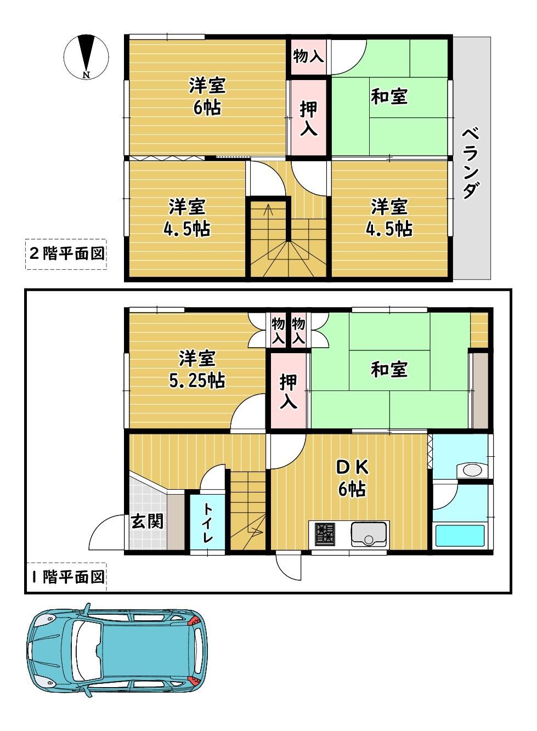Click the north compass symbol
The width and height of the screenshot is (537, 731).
click(x=86, y=56)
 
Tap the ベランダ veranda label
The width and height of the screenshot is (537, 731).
click(x=471, y=163)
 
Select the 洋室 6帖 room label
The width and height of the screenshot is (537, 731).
click(x=207, y=97)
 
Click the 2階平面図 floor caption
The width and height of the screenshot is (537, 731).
click(x=66, y=253)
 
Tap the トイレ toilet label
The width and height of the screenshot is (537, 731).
click(x=206, y=523)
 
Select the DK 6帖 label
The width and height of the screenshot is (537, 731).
click(x=352, y=478)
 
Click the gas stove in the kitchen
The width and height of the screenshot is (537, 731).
click(x=325, y=534)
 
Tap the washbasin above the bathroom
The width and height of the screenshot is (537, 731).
click(x=472, y=471)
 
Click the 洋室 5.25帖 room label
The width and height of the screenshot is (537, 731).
click(x=197, y=370)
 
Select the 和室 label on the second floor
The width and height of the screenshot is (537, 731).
click(x=389, y=97)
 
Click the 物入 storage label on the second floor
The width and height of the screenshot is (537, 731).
click(x=308, y=56)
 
